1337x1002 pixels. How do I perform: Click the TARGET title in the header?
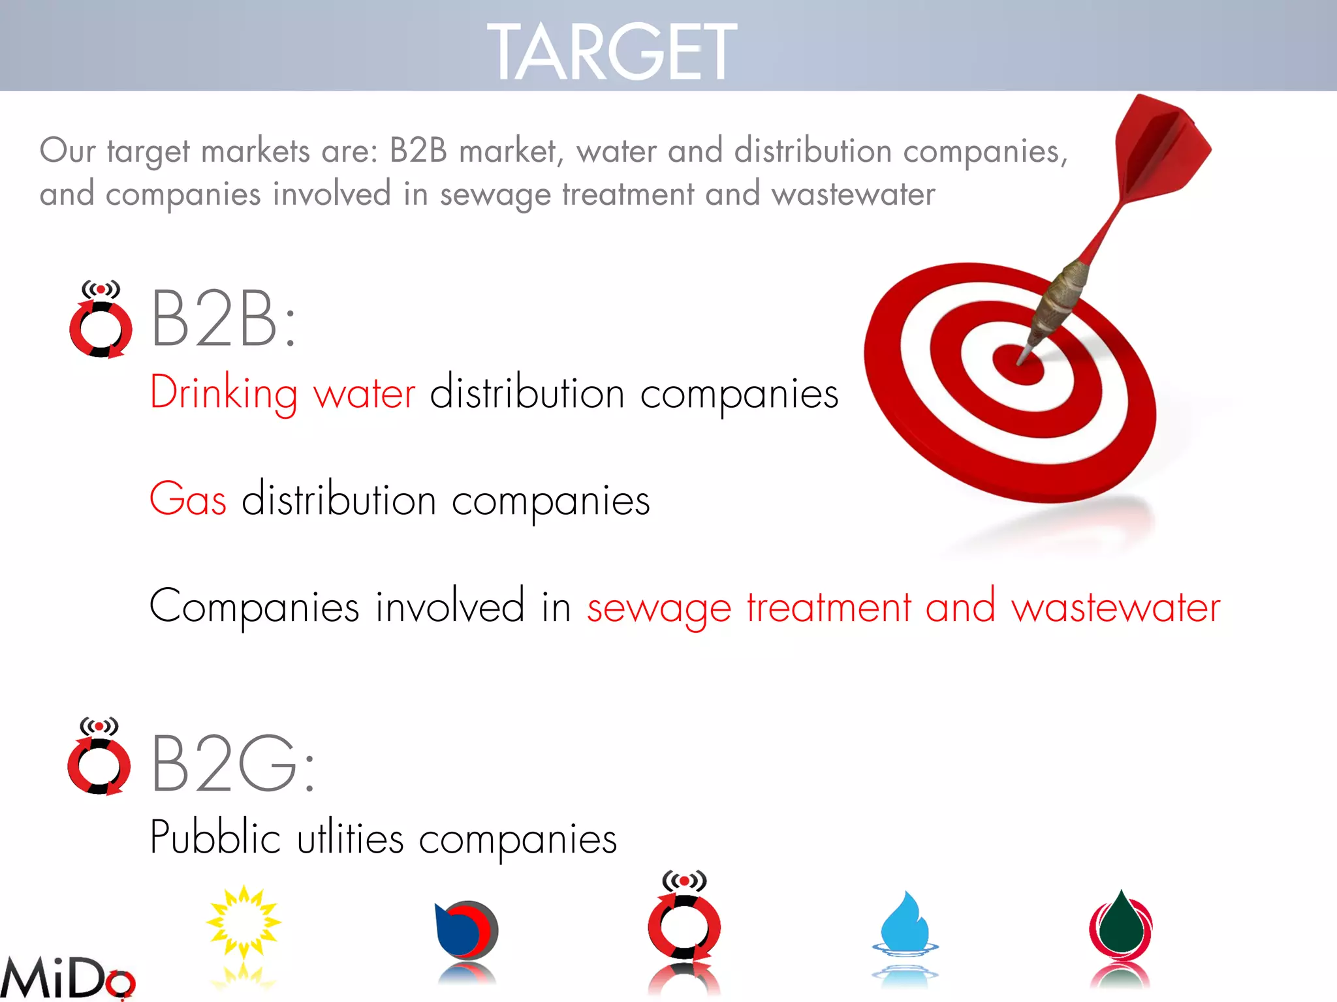[x=612, y=51]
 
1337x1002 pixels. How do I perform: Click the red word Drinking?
[x=224, y=393]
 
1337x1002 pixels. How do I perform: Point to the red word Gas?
[x=188, y=500]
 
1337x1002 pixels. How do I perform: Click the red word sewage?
[x=659, y=608]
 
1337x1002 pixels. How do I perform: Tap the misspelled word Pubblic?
[x=215, y=838]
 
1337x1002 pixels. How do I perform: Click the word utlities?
[x=351, y=838]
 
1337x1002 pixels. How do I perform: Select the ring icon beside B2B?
[x=101, y=321]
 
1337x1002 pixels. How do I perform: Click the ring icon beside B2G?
[x=99, y=758]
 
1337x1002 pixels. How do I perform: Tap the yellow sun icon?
[x=244, y=922]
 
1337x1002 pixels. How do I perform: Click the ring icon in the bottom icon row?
[x=684, y=920]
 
